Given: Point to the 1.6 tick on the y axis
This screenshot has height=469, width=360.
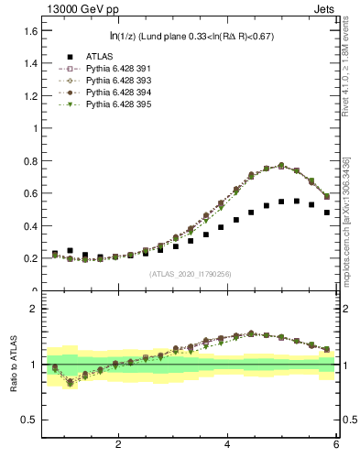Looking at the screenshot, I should pyautogui.click(x=29, y=31).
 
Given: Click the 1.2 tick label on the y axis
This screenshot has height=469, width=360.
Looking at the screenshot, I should pyautogui.click(x=29, y=96).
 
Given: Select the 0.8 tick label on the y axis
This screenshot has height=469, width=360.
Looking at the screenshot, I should pyautogui.click(x=29, y=161).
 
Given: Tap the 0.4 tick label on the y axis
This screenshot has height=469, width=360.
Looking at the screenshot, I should pyautogui.click(x=29, y=226).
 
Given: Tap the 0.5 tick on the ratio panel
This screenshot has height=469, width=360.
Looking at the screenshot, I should pyautogui.click(x=29, y=420).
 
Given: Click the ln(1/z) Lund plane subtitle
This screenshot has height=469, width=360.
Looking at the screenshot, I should pyautogui.click(x=190, y=37).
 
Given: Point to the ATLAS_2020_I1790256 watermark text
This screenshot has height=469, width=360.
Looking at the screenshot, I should pyautogui.click(x=190, y=274).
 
